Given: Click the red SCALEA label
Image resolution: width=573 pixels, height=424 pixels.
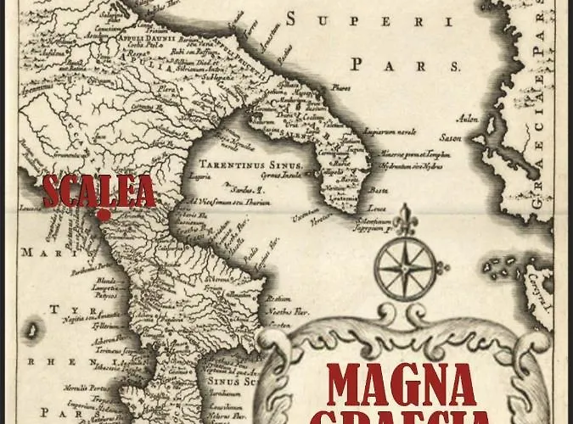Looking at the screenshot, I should pyautogui.click(x=99, y=191).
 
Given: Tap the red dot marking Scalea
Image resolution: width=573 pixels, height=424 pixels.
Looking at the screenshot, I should pyautogui.click(x=103, y=215).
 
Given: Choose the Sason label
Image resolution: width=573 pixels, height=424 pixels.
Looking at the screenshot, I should pyautogui.click(x=449, y=137).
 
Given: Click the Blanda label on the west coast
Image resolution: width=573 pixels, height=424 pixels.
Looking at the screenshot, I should pyautogui.click(x=106, y=280).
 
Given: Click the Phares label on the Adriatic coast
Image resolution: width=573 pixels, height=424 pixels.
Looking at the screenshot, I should pyautogui.click(x=341, y=86).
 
